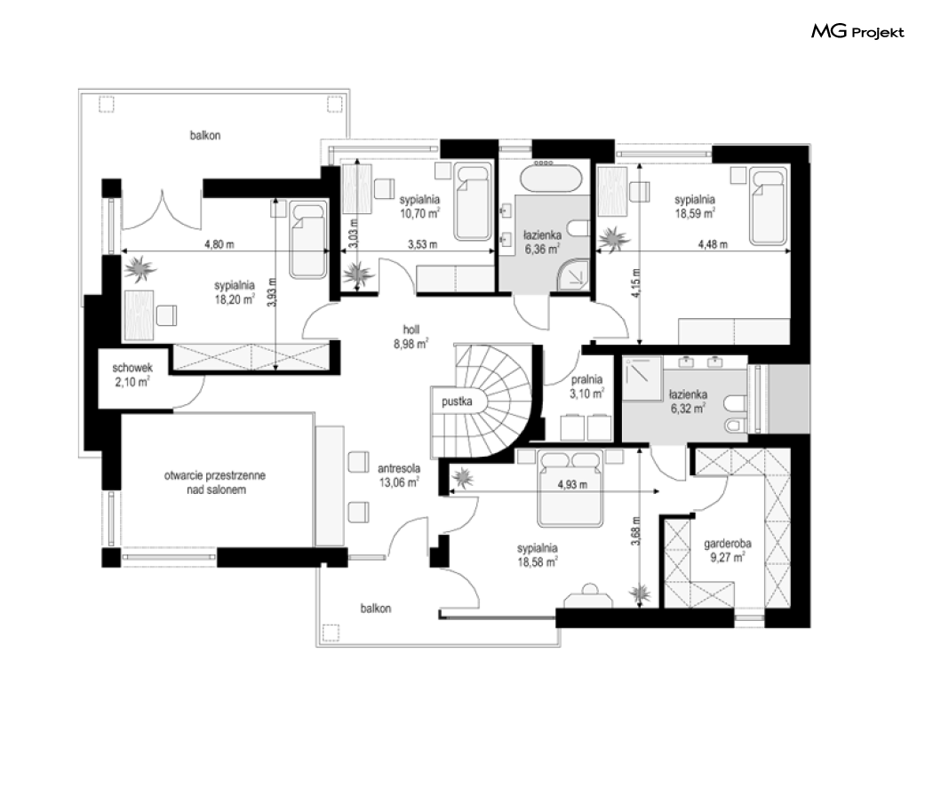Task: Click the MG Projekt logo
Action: point(857,31)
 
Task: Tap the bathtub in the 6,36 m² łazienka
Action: point(550,179)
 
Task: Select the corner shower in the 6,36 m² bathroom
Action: point(573,275)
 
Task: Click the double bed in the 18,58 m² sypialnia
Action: point(570,488)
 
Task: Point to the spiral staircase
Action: point(487,401)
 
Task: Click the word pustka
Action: point(457,402)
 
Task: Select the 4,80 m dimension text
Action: point(219,244)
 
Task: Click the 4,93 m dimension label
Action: point(572,484)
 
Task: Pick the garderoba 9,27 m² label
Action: point(727,550)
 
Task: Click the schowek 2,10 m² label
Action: point(132,375)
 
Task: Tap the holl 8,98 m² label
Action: point(411,337)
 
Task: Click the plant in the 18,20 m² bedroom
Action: point(140,269)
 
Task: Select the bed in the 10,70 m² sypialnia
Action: point(473,203)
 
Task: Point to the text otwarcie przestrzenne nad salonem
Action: point(215,482)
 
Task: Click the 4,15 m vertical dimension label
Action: point(636,283)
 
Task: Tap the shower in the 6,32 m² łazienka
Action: point(642,378)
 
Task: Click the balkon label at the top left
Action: point(205,136)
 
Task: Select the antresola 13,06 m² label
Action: point(399,475)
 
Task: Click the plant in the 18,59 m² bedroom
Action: point(613,239)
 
